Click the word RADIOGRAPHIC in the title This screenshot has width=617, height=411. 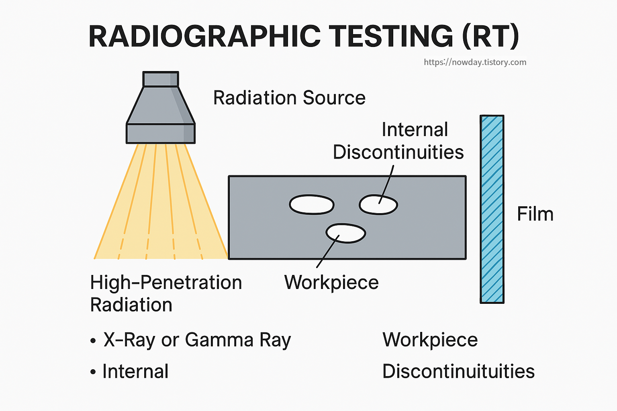(x=204, y=36)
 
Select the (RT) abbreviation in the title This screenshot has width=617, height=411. (x=490, y=36)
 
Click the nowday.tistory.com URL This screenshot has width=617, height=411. (x=475, y=62)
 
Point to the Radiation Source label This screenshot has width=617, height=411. (x=289, y=98)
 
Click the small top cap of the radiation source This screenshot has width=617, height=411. (x=161, y=79)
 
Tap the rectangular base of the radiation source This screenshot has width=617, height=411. (x=161, y=134)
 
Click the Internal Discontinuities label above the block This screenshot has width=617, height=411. (x=398, y=141)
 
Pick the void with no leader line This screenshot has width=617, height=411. (x=312, y=205)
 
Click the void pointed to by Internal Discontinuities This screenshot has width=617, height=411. (x=378, y=205)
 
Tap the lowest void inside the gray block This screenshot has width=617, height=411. (x=345, y=233)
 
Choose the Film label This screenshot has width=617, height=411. (x=535, y=214)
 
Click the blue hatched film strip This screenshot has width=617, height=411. (x=492, y=209)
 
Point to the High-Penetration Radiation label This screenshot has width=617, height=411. (x=165, y=293)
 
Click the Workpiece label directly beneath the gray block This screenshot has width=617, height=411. (x=331, y=282)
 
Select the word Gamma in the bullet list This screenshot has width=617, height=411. (x=219, y=340)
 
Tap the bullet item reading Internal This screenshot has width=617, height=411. (x=135, y=371)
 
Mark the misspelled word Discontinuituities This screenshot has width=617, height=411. (x=458, y=371)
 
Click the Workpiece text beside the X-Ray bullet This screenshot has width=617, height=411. (x=430, y=340)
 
